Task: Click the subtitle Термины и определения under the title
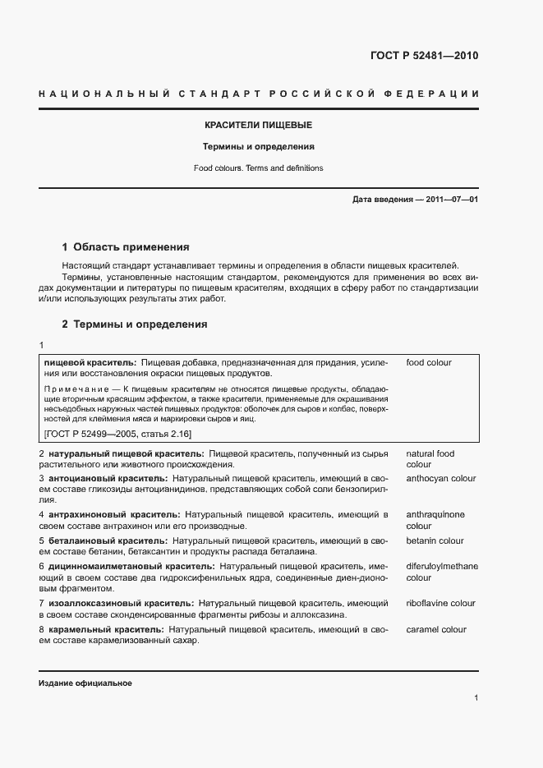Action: click(x=259, y=147)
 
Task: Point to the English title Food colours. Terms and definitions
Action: click(x=259, y=168)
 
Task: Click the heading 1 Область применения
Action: click(x=126, y=246)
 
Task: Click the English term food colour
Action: click(x=429, y=362)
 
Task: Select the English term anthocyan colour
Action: click(x=441, y=477)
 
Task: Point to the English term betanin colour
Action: click(x=435, y=541)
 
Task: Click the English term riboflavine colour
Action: click(x=440, y=604)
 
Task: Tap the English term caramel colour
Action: click(x=436, y=630)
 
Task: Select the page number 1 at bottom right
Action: click(x=476, y=697)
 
